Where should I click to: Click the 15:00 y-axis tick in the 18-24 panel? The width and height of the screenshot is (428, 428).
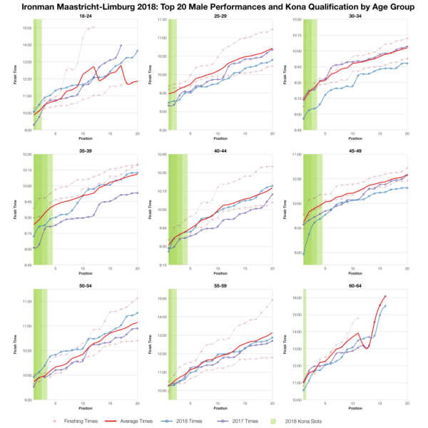point(26,28)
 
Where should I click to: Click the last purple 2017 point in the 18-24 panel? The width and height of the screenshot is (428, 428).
point(121,46)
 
